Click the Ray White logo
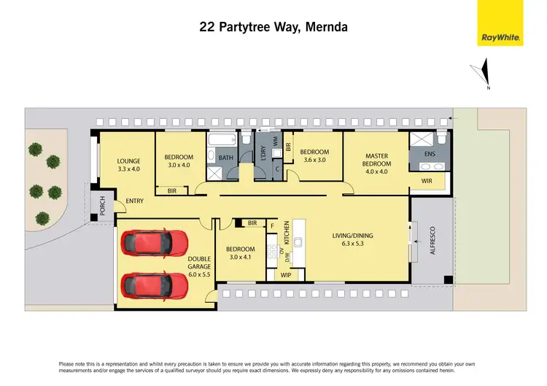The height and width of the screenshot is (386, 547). pyautogui.click(x=500, y=23)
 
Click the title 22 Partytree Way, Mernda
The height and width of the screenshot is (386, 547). pyautogui.click(x=273, y=27)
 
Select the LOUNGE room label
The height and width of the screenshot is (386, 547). pyautogui.click(x=128, y=161)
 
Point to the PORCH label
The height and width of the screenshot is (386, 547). pyautogui.click(x=103, y=208)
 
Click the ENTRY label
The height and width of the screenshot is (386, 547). pyautogui.click(x=135, y=201)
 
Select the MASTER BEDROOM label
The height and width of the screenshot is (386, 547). pyautogui.click(x=376, y=160)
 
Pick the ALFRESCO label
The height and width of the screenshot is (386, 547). pyautogui.click(x=432, y=239)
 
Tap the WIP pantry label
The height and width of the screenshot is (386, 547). pyautogui.click(x=286, y=275)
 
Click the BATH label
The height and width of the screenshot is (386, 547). pyautogui.click(x=225, y=158)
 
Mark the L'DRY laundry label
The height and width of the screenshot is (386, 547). pyautogui.click(x=263, y=154)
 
